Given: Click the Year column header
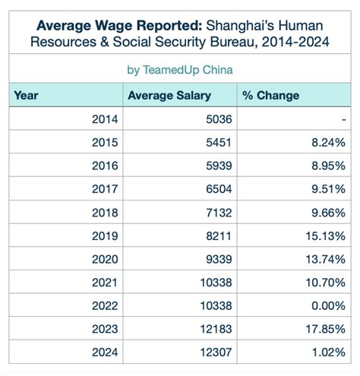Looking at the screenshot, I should coord(27,96).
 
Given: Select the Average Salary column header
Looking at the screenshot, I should coord(169,96).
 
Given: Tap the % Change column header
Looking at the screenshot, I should coord(270,96).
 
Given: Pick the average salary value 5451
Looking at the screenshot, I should coord(217,143).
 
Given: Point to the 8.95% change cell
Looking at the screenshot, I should coord(327,166).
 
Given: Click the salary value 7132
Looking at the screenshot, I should coord(217,213).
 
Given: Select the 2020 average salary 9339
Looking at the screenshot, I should coord(217,260).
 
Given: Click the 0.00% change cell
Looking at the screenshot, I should coord(327,306).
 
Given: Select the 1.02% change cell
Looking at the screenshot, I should coord(327,353).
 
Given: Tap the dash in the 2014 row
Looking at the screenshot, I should coord(343,119).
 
